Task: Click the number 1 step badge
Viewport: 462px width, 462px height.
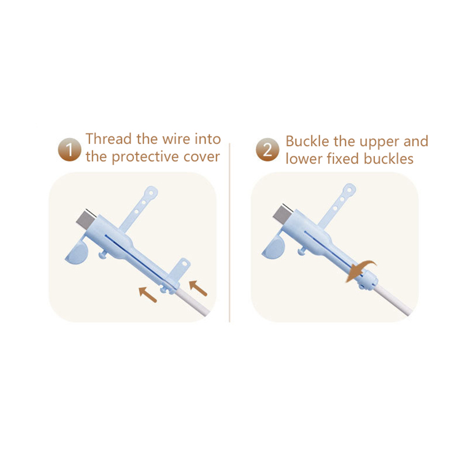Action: click(x=69, y=150)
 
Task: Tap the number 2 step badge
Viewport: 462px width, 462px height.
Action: click(x=267, y=150)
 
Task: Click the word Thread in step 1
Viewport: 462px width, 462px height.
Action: click(x=109, y=139)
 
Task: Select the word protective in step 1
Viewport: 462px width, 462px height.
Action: click(x=146, y=157)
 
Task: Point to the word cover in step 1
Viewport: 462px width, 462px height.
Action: click(x=202, y=157)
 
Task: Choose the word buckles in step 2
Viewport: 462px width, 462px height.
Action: click(x=388, y=159)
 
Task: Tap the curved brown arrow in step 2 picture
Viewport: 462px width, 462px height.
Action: click(x=360, y=270)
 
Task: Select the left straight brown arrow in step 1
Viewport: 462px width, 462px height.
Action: click(x=148, y=295)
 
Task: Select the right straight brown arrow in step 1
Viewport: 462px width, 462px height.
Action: click(x=198, y=288)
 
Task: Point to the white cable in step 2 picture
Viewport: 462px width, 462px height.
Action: click(x=393, y=300)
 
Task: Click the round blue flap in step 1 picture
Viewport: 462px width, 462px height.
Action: click(x=76, y=251)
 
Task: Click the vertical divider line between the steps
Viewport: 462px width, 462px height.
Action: click(x=229, y=233)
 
